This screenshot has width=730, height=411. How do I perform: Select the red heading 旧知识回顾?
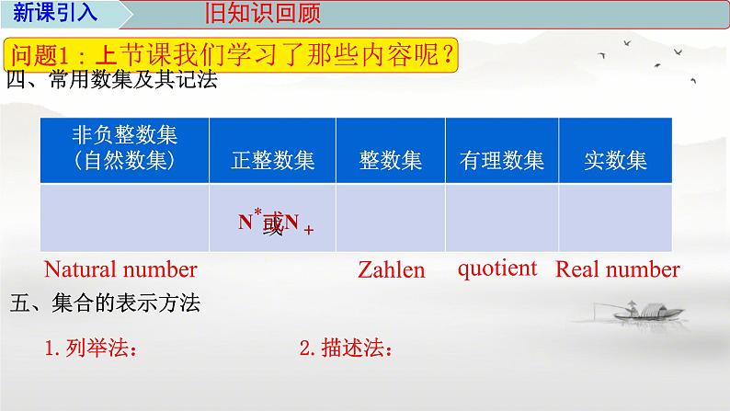click(259, 15)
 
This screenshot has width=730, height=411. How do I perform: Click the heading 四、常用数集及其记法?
click(111, 81)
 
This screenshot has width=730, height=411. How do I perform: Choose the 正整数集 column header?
click(273, 160)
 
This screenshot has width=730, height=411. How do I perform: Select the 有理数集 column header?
click(502, 160)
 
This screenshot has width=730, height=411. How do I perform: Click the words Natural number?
click(120, 269)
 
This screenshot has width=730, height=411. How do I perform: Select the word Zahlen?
click(392, 270)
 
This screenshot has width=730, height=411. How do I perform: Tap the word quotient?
click(496, 268)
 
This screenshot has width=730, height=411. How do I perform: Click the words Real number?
click(618, 269)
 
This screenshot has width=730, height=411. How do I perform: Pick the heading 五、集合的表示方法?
click(103, 303)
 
